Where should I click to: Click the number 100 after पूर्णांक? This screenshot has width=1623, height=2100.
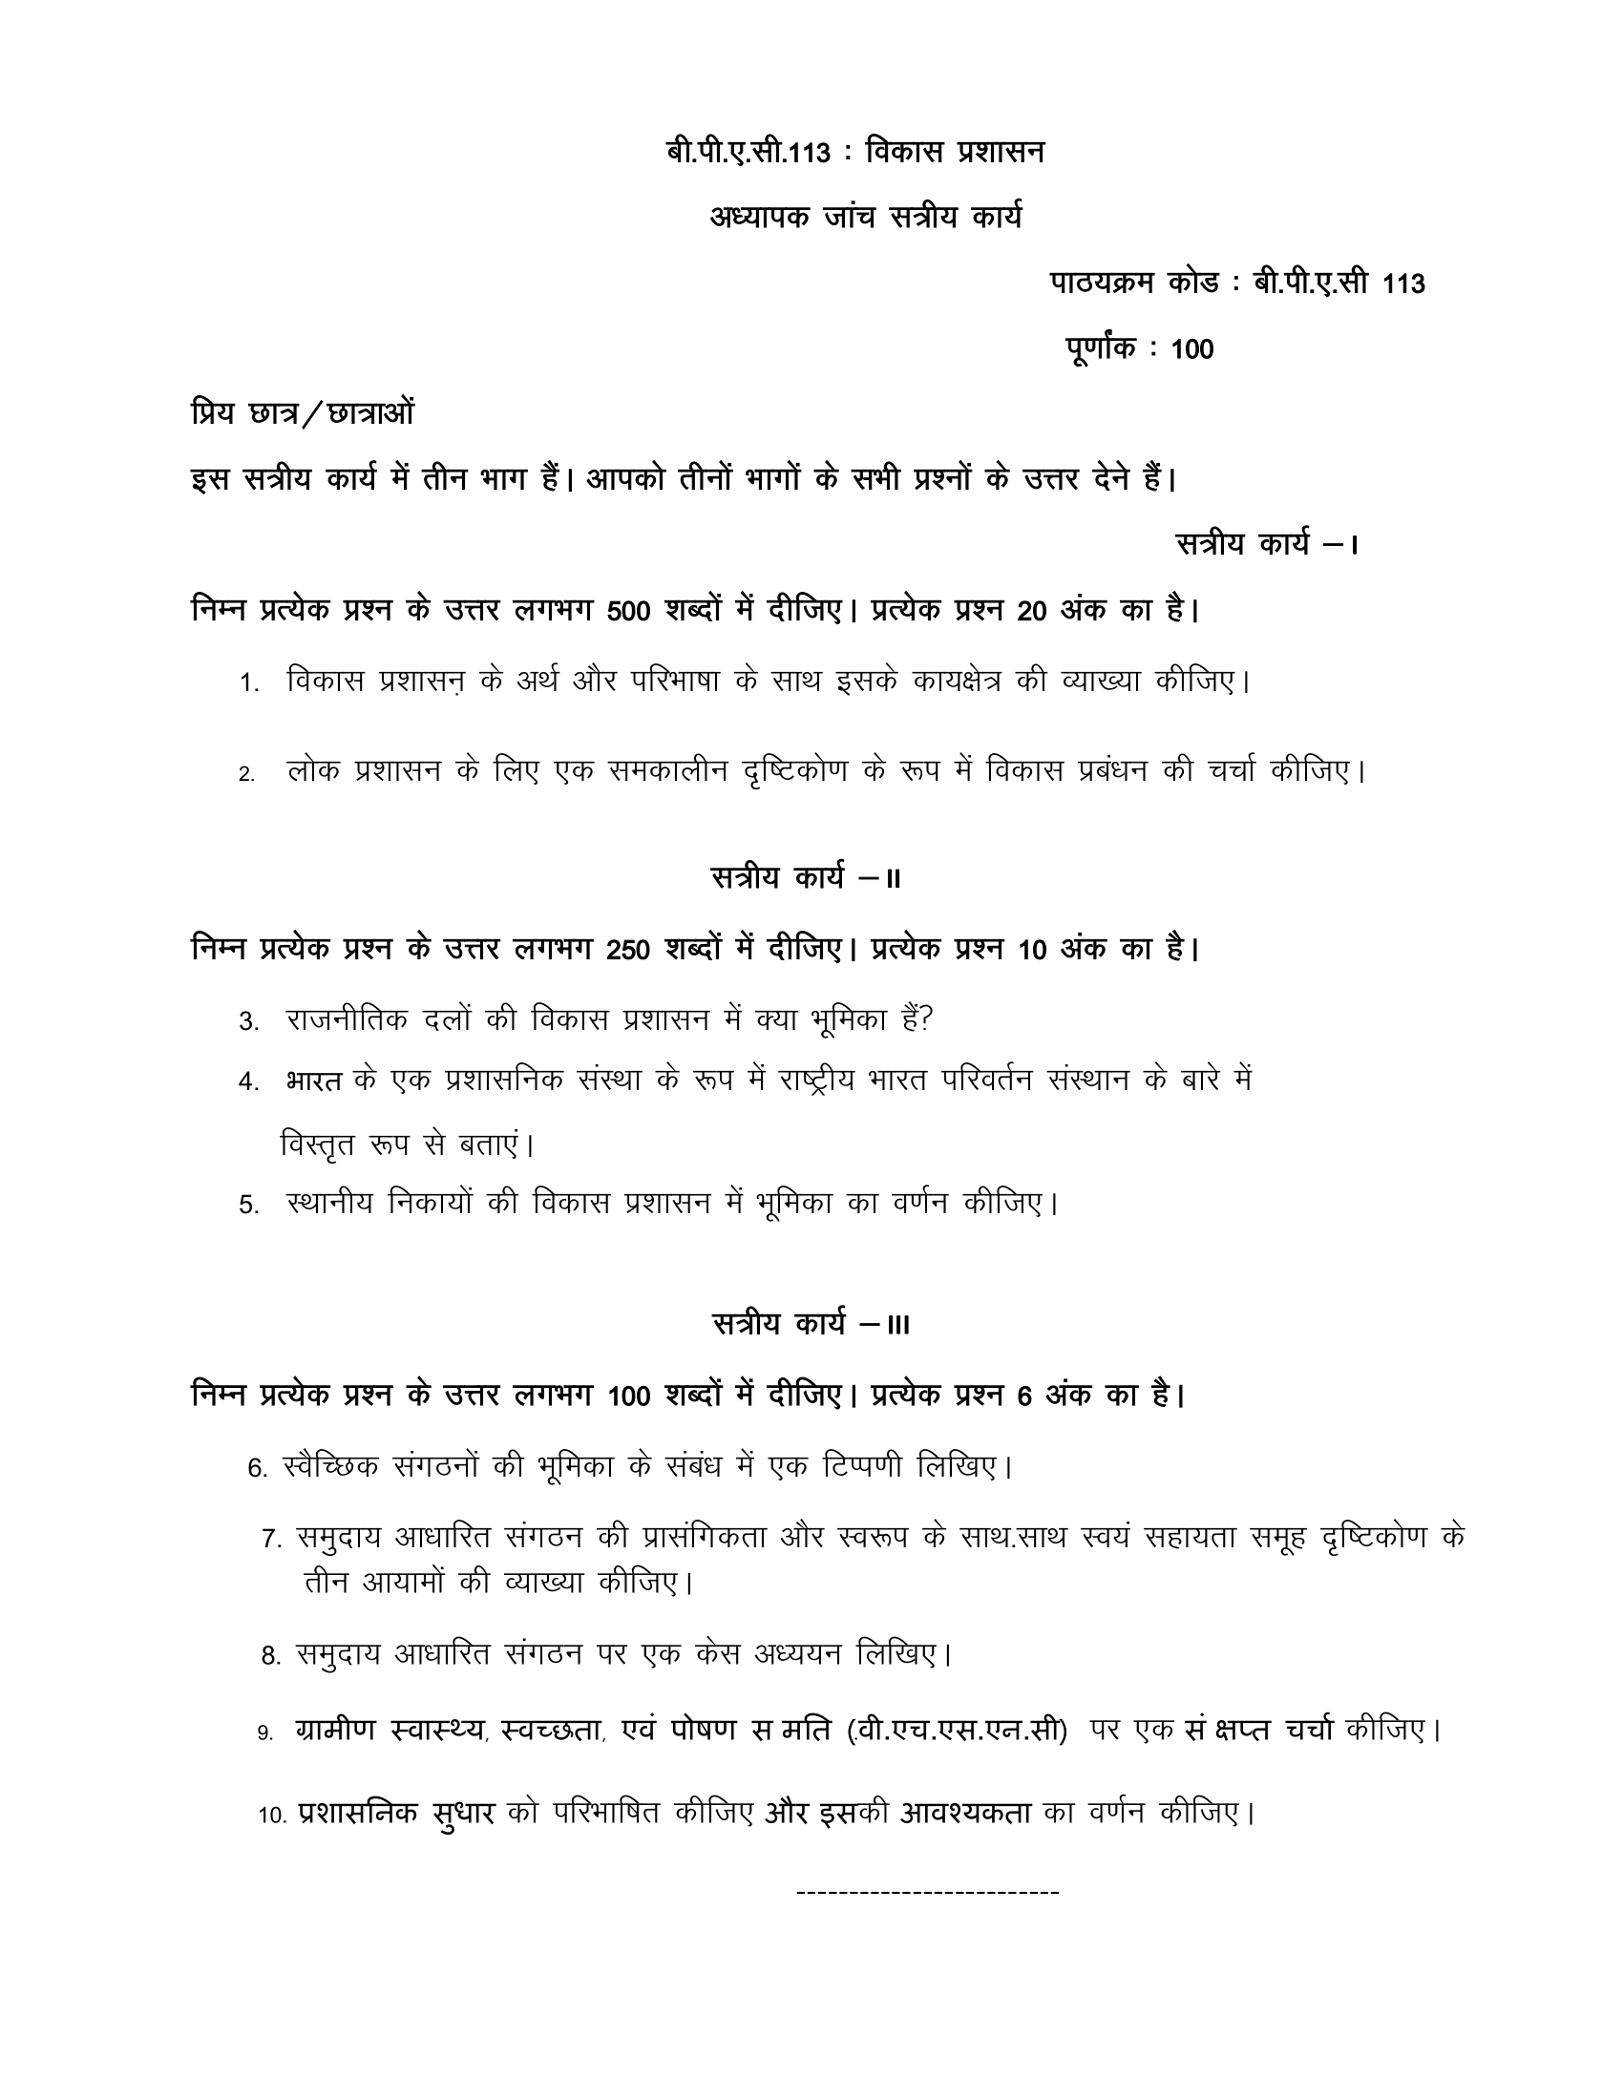(x=1192, y=350)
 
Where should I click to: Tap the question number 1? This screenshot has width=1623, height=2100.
(x=249, y=683)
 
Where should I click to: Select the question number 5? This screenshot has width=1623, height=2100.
(x=249, y=1206)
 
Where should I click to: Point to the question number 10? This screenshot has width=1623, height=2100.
(x=272, y=1816)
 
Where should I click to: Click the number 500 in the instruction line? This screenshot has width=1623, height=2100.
(x=629, y=612)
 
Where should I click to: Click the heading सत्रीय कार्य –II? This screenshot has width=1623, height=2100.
(x=806, y=878)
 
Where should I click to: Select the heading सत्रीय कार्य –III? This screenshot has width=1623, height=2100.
(x=811, y=1324)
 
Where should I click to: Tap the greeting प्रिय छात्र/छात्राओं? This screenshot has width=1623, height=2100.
(x=303, y=413)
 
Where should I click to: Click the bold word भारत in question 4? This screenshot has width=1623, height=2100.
(x=313, y=1081)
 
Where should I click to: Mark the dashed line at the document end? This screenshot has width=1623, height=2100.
(x=928, y=1893)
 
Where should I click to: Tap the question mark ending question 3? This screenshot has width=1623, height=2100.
(x=927, y=1019)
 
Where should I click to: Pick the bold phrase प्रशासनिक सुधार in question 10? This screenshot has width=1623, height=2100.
(x=396, y=1814)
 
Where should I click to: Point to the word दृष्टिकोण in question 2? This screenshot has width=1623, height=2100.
(x=795, y=772)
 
